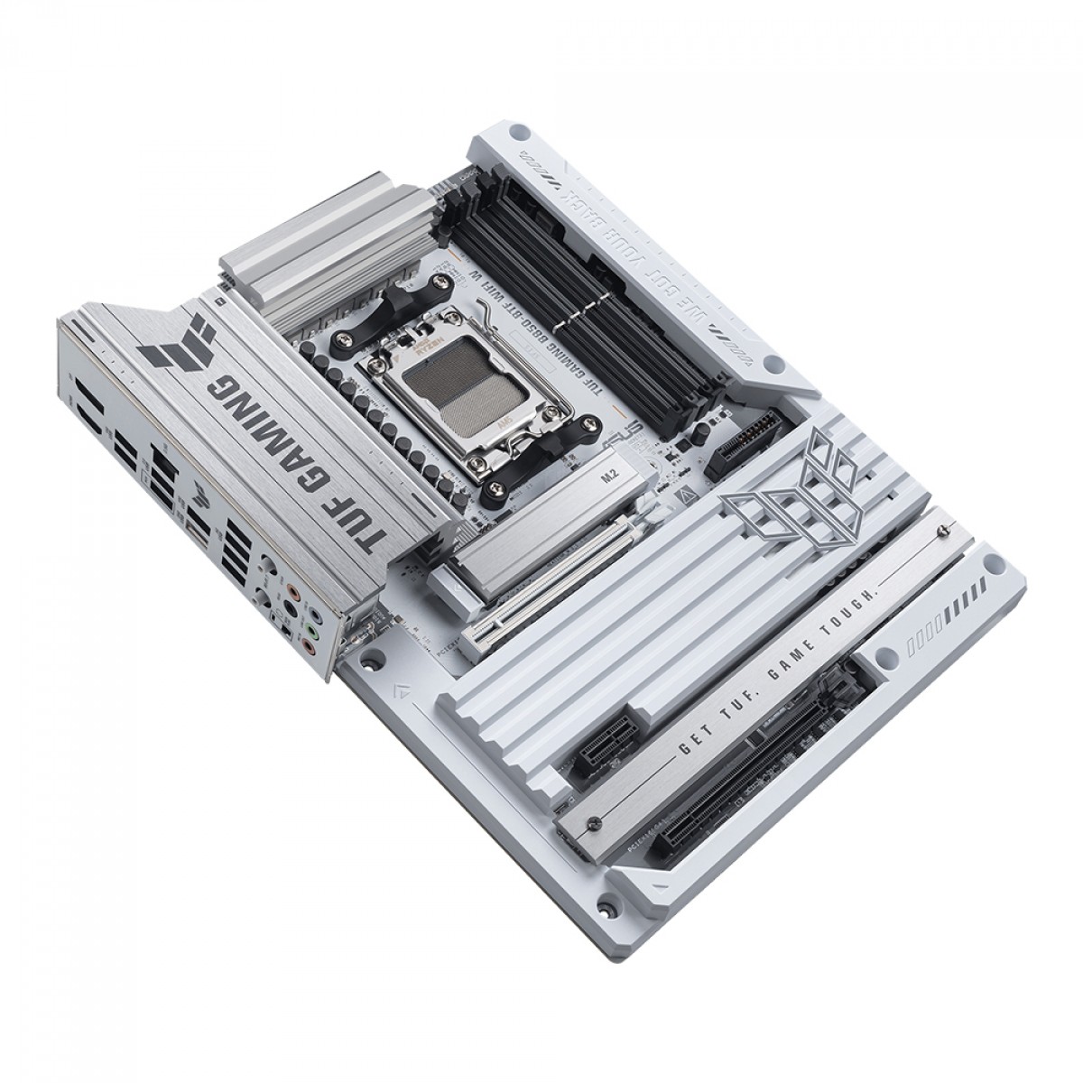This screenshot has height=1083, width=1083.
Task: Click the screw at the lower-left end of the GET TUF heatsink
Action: [x=591, y=822]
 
